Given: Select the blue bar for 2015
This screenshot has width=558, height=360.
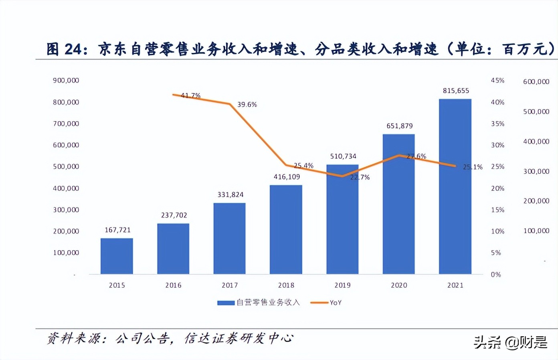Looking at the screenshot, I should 117,256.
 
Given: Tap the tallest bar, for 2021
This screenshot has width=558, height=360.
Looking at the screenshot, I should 455,186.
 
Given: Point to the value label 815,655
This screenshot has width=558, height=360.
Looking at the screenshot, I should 456,91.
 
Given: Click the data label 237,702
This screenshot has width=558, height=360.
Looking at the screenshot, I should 174,215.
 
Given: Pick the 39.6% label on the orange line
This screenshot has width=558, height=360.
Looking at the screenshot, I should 247,105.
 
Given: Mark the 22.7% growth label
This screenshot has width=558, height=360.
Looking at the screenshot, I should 360,177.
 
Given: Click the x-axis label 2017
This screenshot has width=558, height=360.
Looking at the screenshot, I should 230,285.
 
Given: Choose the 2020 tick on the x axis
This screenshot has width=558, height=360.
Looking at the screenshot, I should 399,285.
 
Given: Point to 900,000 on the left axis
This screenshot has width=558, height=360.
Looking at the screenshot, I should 66,81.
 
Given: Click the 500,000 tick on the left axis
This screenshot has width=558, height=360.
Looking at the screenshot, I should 66,167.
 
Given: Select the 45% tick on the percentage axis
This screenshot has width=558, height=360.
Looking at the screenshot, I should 497,81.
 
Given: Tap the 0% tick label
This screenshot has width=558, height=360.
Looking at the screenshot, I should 496,275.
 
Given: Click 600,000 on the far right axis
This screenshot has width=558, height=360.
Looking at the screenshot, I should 536,82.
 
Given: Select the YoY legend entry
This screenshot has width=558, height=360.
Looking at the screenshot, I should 336,303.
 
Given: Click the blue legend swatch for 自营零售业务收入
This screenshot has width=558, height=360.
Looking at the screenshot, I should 226,303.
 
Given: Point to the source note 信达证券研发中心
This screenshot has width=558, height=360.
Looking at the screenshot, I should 239,339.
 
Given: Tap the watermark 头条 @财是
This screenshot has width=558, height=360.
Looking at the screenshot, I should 510,342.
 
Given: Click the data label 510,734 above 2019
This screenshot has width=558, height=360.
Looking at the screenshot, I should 343,156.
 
